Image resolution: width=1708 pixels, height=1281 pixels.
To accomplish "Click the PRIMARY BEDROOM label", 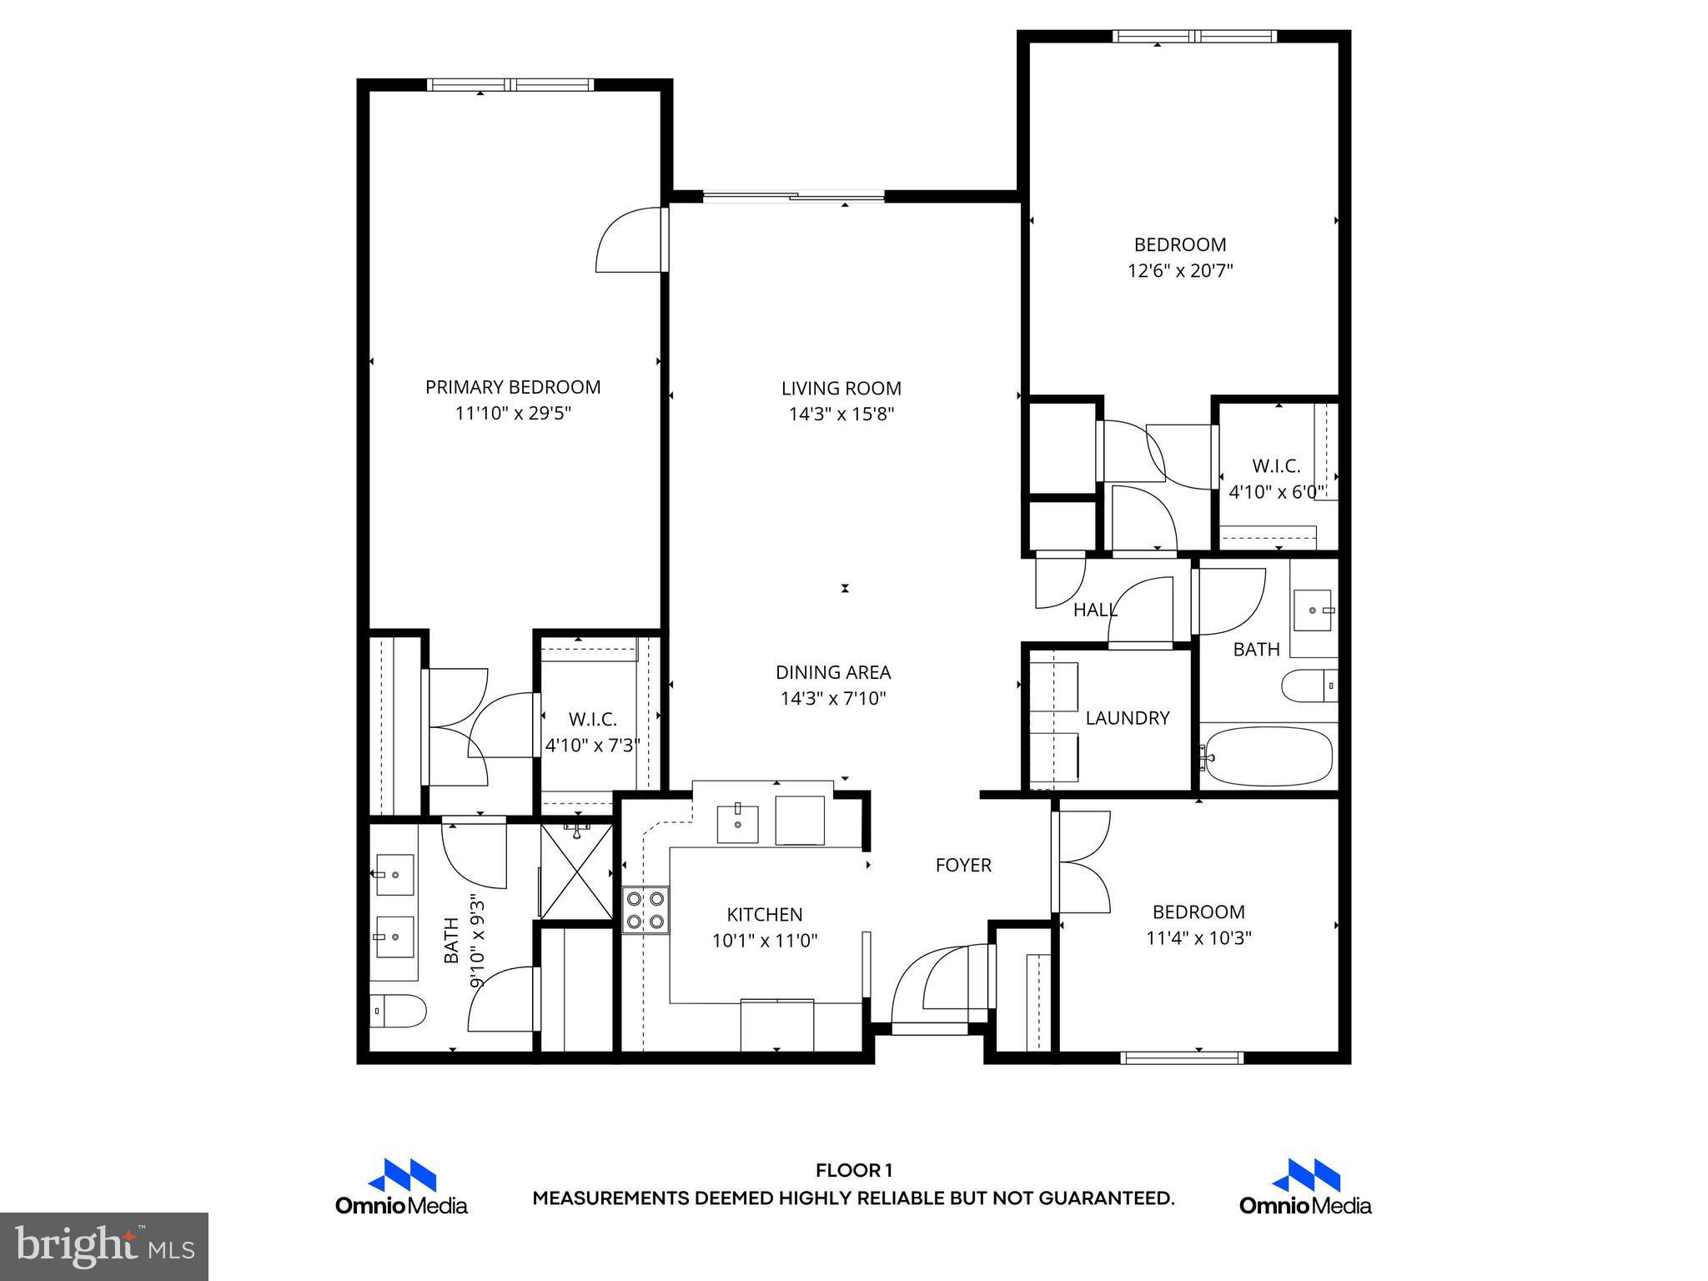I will tap(513, 387).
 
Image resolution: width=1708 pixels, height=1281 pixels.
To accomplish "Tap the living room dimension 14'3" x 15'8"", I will tap(841, 414).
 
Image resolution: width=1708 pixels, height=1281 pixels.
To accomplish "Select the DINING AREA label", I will tap(833, 672).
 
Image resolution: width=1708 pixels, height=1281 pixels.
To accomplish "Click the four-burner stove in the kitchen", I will tap(646, 910).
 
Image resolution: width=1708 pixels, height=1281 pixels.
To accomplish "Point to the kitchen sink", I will tap(738, 821).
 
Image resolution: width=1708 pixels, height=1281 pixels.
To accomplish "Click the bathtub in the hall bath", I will tap(1268, 756).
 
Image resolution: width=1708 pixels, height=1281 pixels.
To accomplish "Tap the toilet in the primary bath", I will tap(398, 1012).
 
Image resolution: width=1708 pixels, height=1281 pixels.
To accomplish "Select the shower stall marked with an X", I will tap(575, 872).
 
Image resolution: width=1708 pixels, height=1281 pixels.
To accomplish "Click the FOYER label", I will tap(963, 866).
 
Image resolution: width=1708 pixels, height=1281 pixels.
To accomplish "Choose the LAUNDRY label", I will tap(1128, 718).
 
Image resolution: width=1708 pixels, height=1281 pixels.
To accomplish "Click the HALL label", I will tap(1094, 610).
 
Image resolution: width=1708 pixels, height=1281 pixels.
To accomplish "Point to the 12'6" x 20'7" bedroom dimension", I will tap(1180, 271).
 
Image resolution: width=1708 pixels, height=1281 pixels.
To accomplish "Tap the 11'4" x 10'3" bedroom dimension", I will tap(1198, 938).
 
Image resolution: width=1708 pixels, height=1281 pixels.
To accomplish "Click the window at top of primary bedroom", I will tap(510, 84).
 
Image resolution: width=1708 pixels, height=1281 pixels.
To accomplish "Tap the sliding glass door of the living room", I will tap(794, 197).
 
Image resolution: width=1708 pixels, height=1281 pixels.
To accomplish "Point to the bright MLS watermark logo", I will tap(104, 1247).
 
